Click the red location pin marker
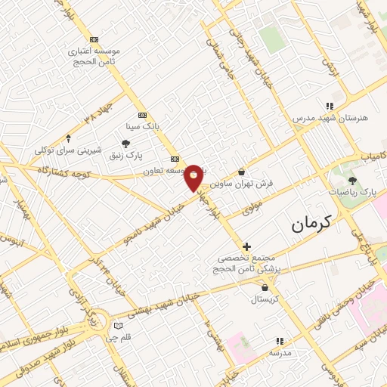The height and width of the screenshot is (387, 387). [x=193, y=178]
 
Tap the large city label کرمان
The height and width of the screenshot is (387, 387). [x=311, y=224]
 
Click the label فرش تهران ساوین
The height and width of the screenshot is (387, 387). [x=242, y=183]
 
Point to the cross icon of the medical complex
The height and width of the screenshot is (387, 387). [x=247, y=246]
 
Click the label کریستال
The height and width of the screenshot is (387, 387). [x=265, y=299]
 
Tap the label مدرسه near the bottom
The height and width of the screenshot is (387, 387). [x=280, y=353]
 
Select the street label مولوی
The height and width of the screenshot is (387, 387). [x=253, y=208]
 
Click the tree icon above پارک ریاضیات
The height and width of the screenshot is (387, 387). [x=352, y=180]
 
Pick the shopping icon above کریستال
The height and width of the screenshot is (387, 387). [x=265, y=287]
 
